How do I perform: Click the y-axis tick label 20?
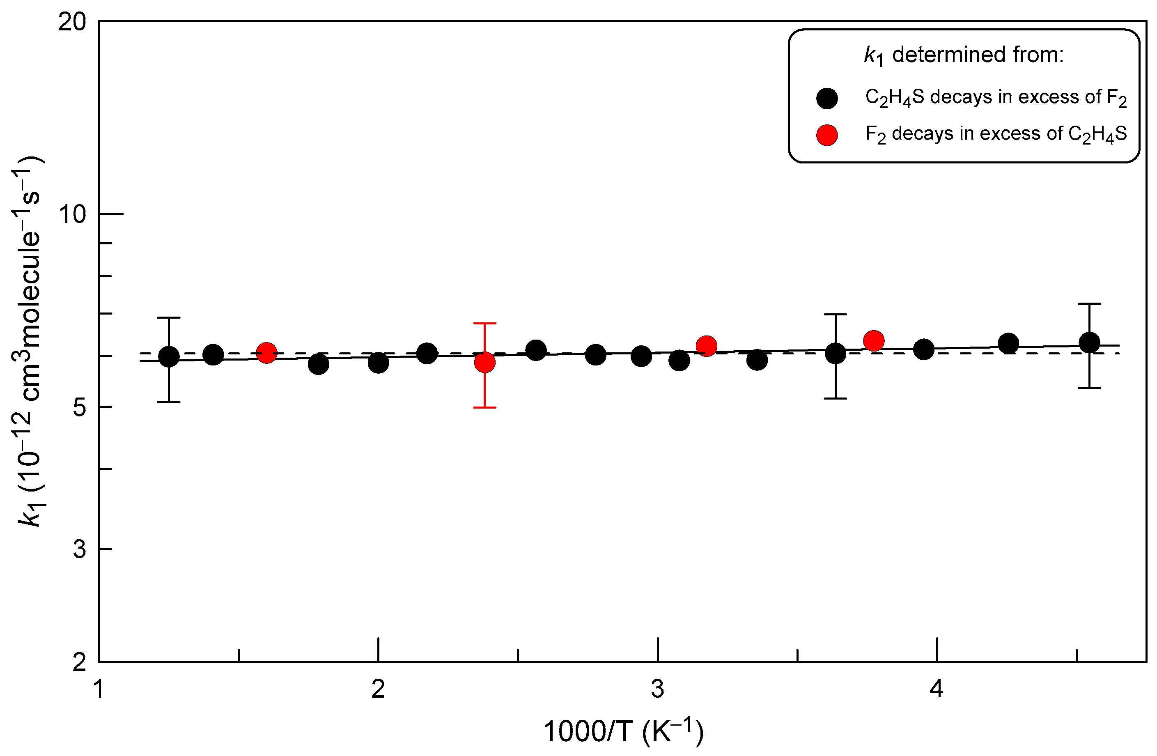[x=72, y=22]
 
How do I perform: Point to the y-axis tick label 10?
[x=72, y=214]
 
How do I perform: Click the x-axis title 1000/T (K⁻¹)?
[x=623, y=732]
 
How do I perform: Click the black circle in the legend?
[x=827, y=99]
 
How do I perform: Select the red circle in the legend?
[x=827, y=135]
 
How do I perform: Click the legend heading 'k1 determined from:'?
[x=964, y=55]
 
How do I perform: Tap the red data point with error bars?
[x=484, y=362]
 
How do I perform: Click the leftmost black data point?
[x=169, y=357]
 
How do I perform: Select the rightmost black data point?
[x=1089, y=343]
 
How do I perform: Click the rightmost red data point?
[x=874, y=341]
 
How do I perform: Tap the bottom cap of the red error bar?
[x=484, y=407]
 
